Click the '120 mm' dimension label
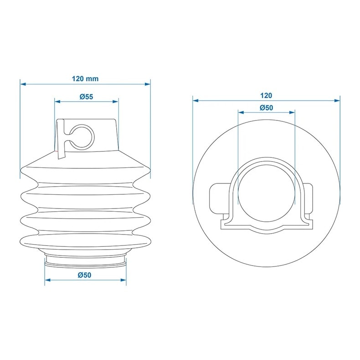coord(85,78)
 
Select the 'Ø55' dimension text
coord(86,97)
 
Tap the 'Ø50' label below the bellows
coord(84,275)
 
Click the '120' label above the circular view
coord(266,95)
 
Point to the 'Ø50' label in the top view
coord(266,108)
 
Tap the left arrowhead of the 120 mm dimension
coord(23,84)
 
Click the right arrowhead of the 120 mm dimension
coord(148,84)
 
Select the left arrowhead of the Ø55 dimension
coord(57,101)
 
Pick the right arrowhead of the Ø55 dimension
coord(115,101)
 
